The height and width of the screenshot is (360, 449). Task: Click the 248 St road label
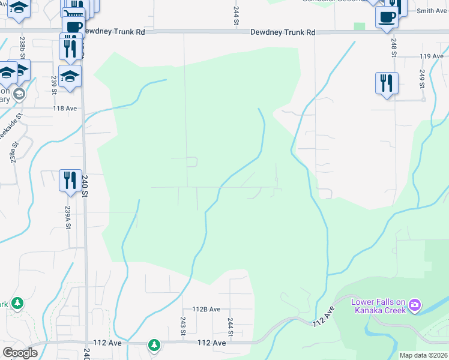tap(394, 48)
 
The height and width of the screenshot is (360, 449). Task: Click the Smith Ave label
tap(432, 11)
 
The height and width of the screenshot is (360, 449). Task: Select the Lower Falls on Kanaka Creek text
tap(379, 306)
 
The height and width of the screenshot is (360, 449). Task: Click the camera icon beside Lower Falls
tap(414, 306)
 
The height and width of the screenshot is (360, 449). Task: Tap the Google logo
tap(20, 353)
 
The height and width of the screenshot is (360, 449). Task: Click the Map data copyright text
tap(424, 355)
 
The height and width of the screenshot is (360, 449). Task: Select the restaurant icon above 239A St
tap(70, 179)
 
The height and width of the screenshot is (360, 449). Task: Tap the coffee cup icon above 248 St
tap(387, 16)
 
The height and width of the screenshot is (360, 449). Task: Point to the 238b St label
tap(22, 46)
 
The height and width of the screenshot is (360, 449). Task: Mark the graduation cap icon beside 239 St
tap(70, 76)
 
